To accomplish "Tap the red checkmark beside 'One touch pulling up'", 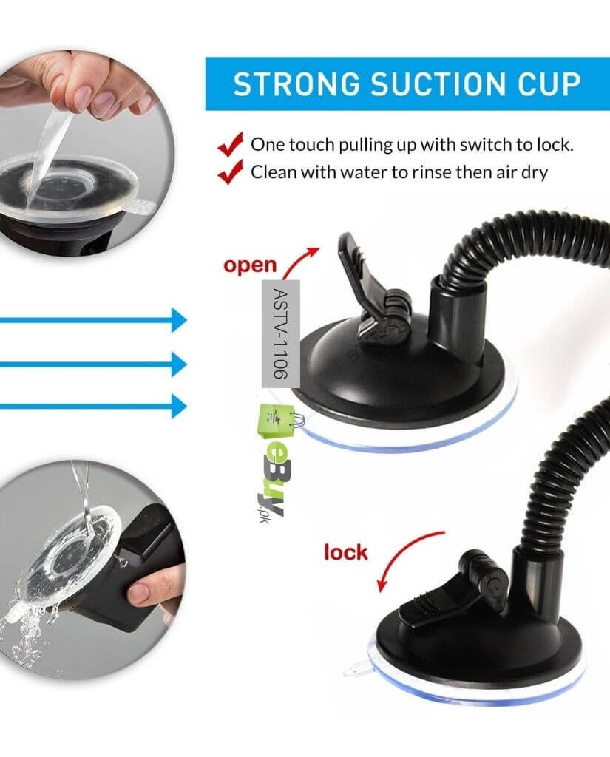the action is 231,144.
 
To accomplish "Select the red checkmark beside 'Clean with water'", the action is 231,172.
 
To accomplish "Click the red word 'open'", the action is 250,265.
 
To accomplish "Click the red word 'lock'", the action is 346,552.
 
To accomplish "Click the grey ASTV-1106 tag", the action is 281,333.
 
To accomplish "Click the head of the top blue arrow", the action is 179,319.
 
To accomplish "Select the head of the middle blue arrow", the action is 179,364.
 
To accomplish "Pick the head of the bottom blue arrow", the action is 179,406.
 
